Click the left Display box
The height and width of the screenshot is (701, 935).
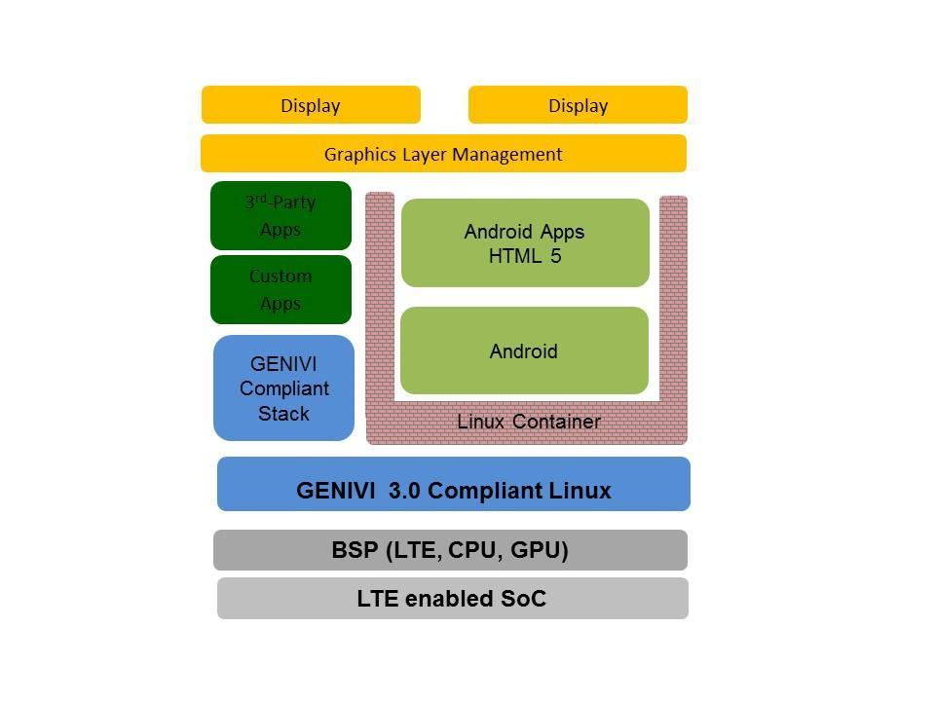[x=311, y=105]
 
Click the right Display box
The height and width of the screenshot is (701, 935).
[x=578, y=105]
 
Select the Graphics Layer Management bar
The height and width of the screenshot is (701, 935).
[x=443, y=154]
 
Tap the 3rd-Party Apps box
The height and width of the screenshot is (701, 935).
[x=280, y=215]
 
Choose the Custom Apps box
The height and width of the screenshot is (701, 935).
[x=280, y=289]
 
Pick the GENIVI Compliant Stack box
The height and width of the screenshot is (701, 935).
[x=283, y=388]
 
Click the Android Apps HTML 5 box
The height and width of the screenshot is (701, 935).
[x=525, y=243]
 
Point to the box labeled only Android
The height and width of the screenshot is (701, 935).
[x=524, y=351]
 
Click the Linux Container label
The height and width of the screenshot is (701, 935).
[x=529, y=422]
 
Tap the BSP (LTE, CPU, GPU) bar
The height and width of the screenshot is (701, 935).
[x=450, y=550]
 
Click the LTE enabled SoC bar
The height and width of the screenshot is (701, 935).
[x=452, y=598]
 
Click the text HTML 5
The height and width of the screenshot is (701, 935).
[x=525, y=257]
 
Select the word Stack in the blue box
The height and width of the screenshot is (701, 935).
[x=283, y=414]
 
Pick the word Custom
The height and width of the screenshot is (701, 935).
[x=280, y=277]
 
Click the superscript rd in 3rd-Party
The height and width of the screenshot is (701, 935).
[x=261, y=198]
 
